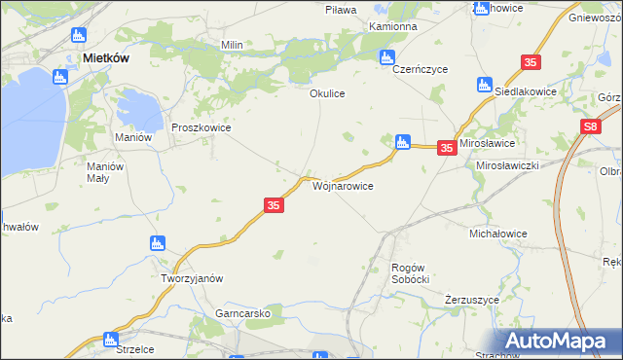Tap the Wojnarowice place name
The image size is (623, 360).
[x=342, y=185]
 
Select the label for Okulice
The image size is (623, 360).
[x=327, y=94]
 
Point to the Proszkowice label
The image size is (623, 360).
[x=201, y=127]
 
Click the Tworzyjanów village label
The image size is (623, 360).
[x=193, y=278]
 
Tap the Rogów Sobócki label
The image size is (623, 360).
[x=410, y=272]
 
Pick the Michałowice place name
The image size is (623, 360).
[x=498, y=234]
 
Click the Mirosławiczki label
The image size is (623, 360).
[x=507, y=166]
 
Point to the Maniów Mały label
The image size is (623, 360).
[x=106, y=172]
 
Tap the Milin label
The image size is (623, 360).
[x=232, y=46]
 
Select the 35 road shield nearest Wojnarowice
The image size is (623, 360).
[x=274, y=205]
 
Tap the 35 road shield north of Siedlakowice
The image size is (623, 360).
[x=531, y=62]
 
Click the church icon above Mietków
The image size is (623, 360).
[x=79, y=36]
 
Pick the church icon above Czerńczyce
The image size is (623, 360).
[x=387, y=56]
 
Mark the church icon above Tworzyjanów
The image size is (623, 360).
[x=155, y=243]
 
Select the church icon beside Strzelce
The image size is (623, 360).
[x=109, y=340]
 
